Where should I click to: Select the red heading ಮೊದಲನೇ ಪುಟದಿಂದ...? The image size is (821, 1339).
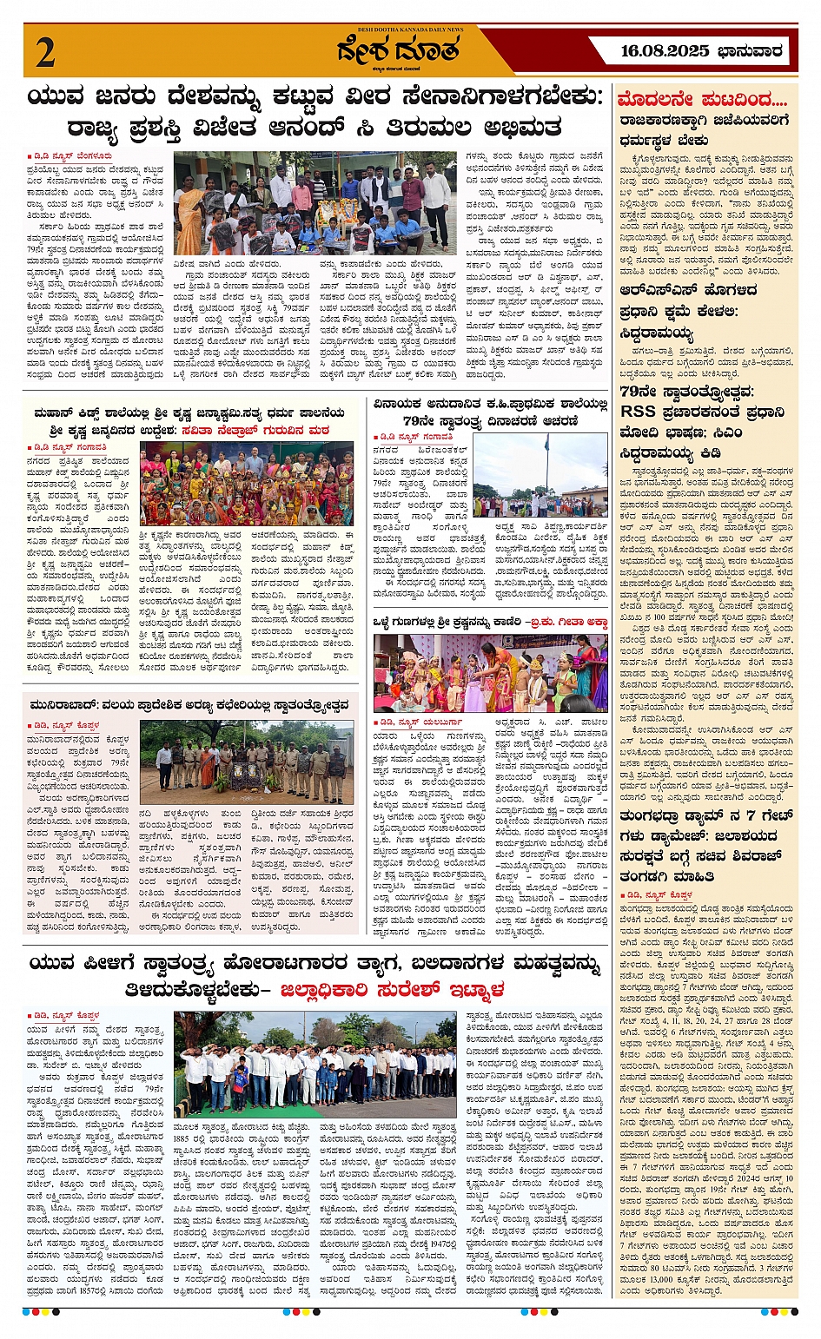coord(702,100)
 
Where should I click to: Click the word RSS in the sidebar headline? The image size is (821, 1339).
coord(639,412)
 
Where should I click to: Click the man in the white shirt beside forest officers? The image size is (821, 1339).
coord(163,763)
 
